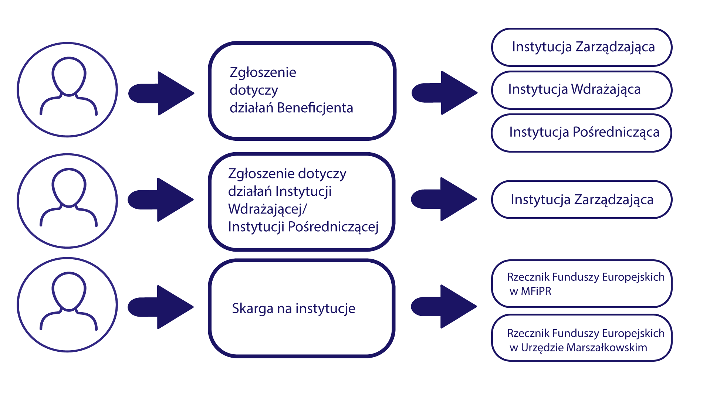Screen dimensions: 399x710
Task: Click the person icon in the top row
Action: point(68,89)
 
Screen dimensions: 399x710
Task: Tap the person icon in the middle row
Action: point(68,201)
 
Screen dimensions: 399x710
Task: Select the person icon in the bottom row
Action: point(68,304)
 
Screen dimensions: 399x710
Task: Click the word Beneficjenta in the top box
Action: point(315,108)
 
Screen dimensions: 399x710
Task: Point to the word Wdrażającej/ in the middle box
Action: point(267,209)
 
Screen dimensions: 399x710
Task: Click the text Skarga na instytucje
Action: point(294,308)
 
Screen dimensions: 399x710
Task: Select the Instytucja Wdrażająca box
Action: point(581,90)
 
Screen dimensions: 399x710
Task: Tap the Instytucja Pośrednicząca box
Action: point(581,132)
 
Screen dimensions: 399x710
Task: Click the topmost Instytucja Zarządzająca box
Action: point(581,47)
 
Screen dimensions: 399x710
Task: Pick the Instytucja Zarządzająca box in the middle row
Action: point(581,199)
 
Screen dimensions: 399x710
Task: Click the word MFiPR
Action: point(536,291)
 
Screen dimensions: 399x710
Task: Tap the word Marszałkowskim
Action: point(606,348)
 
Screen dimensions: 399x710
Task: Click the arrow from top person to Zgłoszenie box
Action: point(162,93)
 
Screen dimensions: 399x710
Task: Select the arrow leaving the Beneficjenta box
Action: point(445,93)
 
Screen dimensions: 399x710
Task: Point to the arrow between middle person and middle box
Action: point(161,199)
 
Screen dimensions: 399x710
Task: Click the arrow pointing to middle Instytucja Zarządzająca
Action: point(444,199)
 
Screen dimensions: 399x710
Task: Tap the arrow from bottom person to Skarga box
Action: point(161,307)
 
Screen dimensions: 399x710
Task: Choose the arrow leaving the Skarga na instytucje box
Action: point(444,306)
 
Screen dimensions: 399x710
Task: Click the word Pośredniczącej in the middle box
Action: point(333,227)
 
